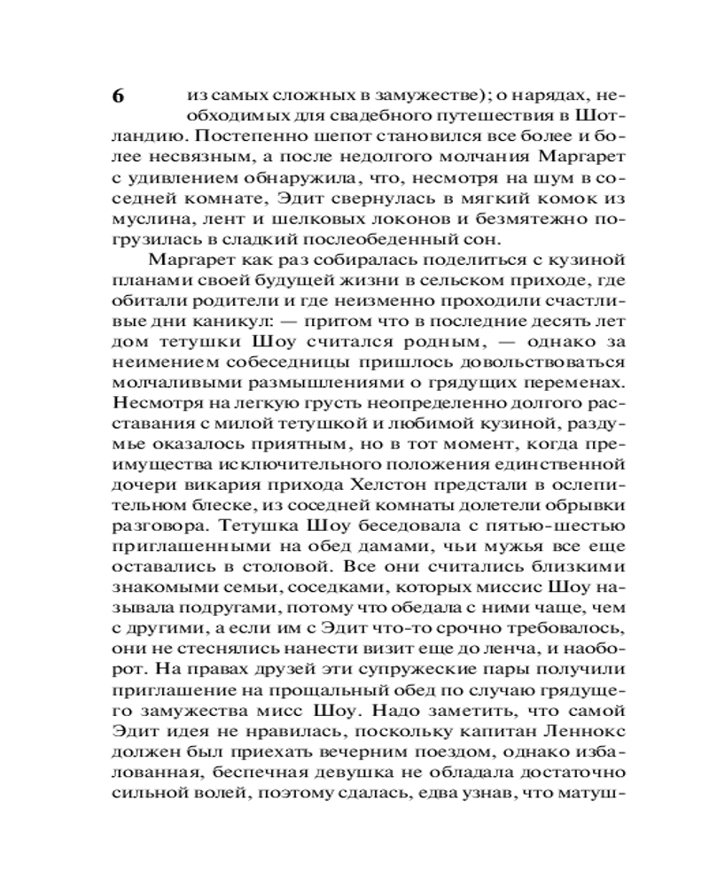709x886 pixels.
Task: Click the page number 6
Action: [x=118, y=97]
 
